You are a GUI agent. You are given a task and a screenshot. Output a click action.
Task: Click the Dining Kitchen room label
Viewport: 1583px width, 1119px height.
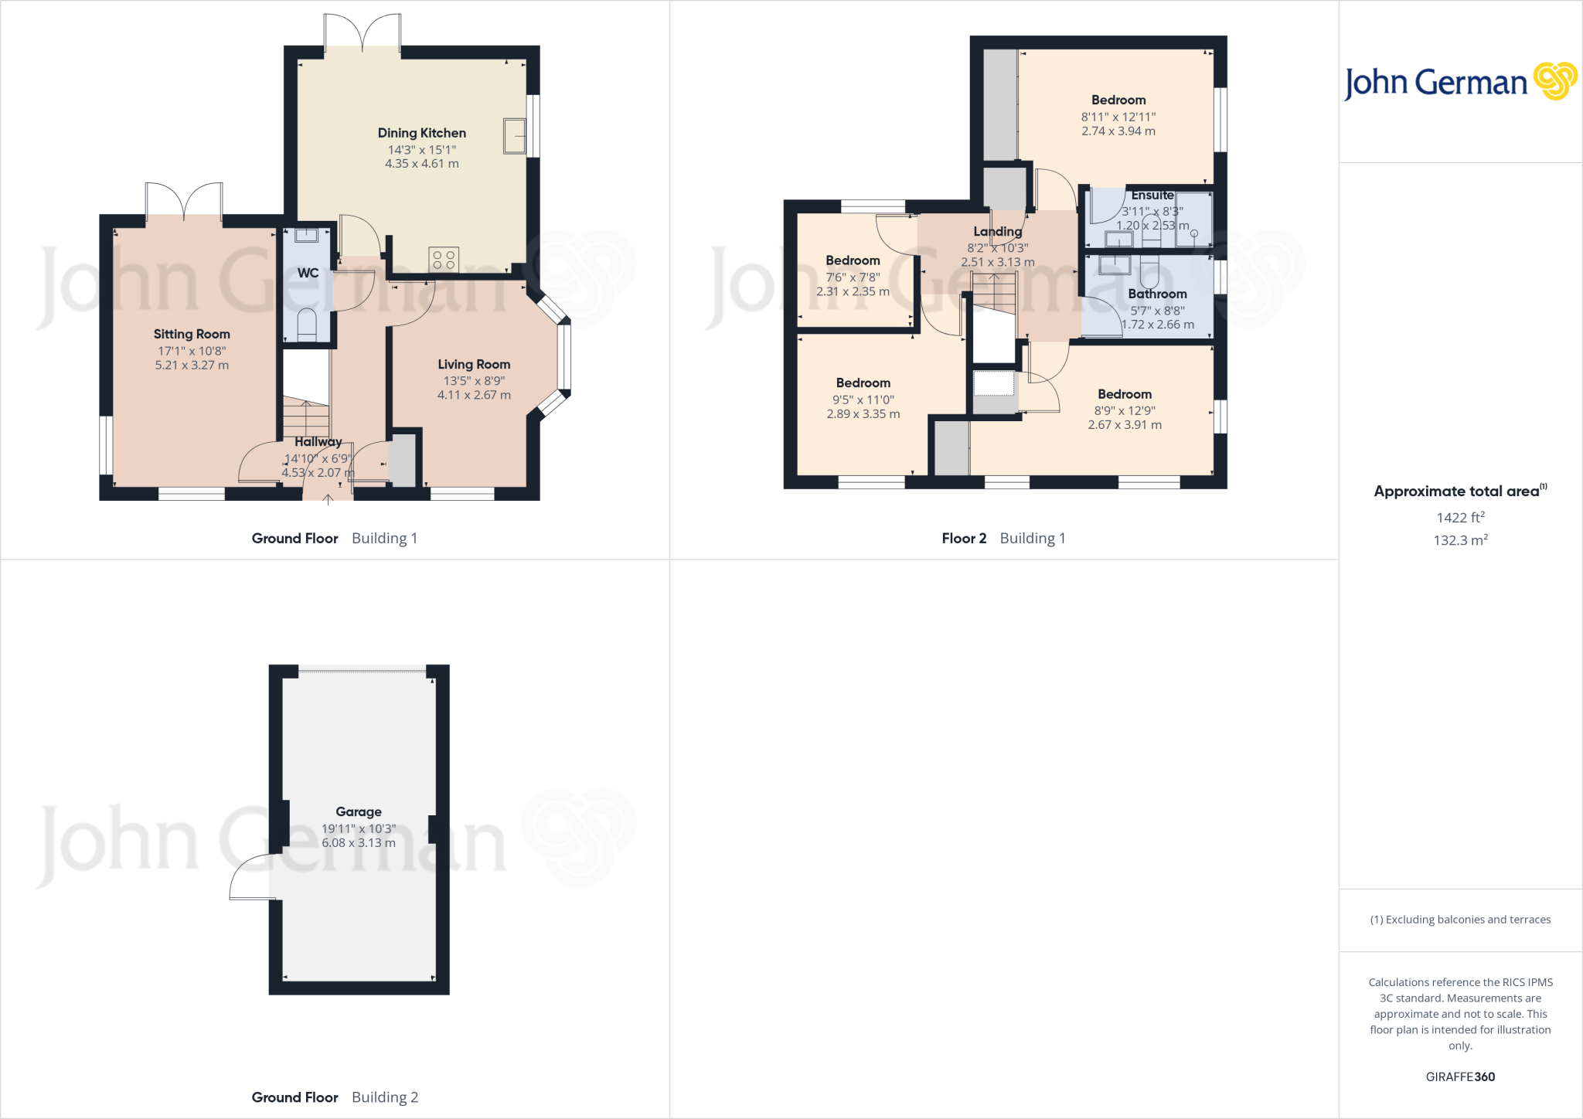421,133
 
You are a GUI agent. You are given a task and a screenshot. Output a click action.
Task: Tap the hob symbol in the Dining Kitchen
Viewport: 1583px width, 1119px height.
444,260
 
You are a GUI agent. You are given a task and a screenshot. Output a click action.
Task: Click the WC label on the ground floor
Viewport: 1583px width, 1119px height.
308,273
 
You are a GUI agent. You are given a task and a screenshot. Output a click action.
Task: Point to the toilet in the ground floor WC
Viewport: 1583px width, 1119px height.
307,325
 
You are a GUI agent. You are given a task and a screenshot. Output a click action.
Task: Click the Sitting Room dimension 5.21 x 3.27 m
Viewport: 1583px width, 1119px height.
192,365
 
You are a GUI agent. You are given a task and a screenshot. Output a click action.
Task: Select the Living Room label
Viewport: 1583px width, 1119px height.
474,364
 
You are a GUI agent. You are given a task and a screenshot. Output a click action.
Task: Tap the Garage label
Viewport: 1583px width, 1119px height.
359,811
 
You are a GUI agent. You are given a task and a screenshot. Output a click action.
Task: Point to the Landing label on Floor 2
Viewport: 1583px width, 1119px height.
997,231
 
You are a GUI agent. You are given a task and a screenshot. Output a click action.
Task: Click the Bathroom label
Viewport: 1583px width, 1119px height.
1157,294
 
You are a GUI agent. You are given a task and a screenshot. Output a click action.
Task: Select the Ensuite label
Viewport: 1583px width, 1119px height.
1152,196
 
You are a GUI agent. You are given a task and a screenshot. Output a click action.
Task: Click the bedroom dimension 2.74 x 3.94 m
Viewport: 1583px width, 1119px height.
1118,131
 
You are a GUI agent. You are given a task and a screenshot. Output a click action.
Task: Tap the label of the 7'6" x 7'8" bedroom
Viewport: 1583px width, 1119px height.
853,260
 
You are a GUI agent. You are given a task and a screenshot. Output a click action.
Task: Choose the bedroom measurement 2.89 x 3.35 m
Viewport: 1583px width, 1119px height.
863,414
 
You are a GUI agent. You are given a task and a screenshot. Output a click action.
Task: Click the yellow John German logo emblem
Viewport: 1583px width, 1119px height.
1554,81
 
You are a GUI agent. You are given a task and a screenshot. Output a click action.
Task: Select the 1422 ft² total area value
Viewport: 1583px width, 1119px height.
1460,518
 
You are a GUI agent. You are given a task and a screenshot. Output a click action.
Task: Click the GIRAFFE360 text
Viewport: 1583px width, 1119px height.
1460,1076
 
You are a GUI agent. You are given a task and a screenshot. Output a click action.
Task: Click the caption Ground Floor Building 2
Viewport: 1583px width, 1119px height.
335,1097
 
